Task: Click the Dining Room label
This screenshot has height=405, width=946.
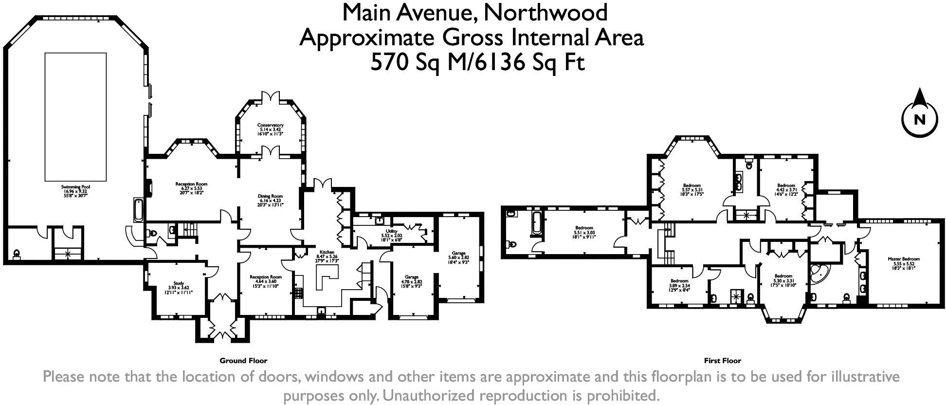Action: click(270, 200)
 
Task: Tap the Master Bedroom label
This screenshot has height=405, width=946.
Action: click(904, 263)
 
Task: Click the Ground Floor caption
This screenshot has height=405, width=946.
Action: click(243, 361)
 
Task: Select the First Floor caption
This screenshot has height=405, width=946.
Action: click(722, 361)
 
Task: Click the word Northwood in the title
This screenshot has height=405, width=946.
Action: click(545, 13)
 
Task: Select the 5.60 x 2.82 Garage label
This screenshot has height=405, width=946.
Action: click(458, 257)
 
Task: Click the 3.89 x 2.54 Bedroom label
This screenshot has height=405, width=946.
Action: click(679, 285)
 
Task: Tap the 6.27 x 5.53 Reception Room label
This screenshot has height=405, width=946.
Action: click(191, 188)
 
